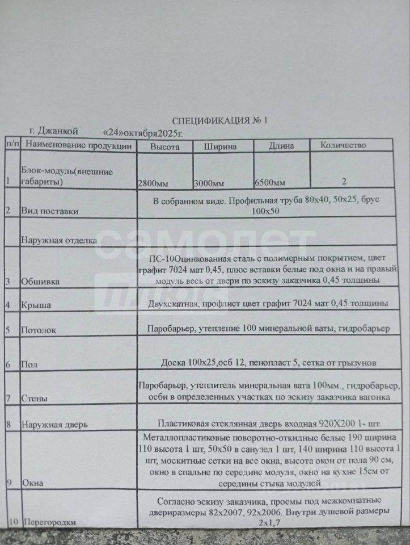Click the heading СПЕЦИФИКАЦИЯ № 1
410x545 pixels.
point(219,121)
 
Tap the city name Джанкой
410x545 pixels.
point(53,131)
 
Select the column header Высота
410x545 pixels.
point(164,146)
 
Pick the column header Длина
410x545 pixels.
point(281,146)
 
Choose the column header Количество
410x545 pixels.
point(343,145)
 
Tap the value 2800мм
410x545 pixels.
point(154,183)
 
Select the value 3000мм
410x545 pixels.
point(209,183)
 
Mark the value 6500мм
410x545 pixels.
point(270,183)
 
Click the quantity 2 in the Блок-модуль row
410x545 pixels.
point(344,182)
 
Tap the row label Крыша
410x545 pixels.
point(36,305)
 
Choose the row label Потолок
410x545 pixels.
point(39,329)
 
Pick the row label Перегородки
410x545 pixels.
point(48,521)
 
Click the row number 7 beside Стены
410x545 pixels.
point(8,397)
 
